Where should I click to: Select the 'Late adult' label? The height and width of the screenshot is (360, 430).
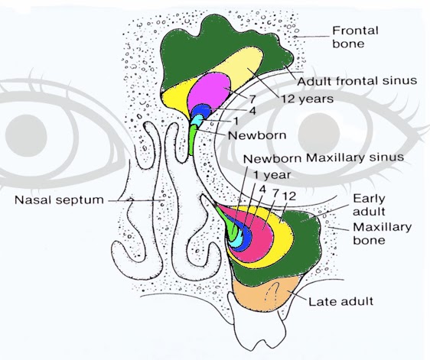pyautogui.click(x=340, y=300)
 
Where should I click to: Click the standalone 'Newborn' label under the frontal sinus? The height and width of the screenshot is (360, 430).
pyautogui.click(x=257, y=135)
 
